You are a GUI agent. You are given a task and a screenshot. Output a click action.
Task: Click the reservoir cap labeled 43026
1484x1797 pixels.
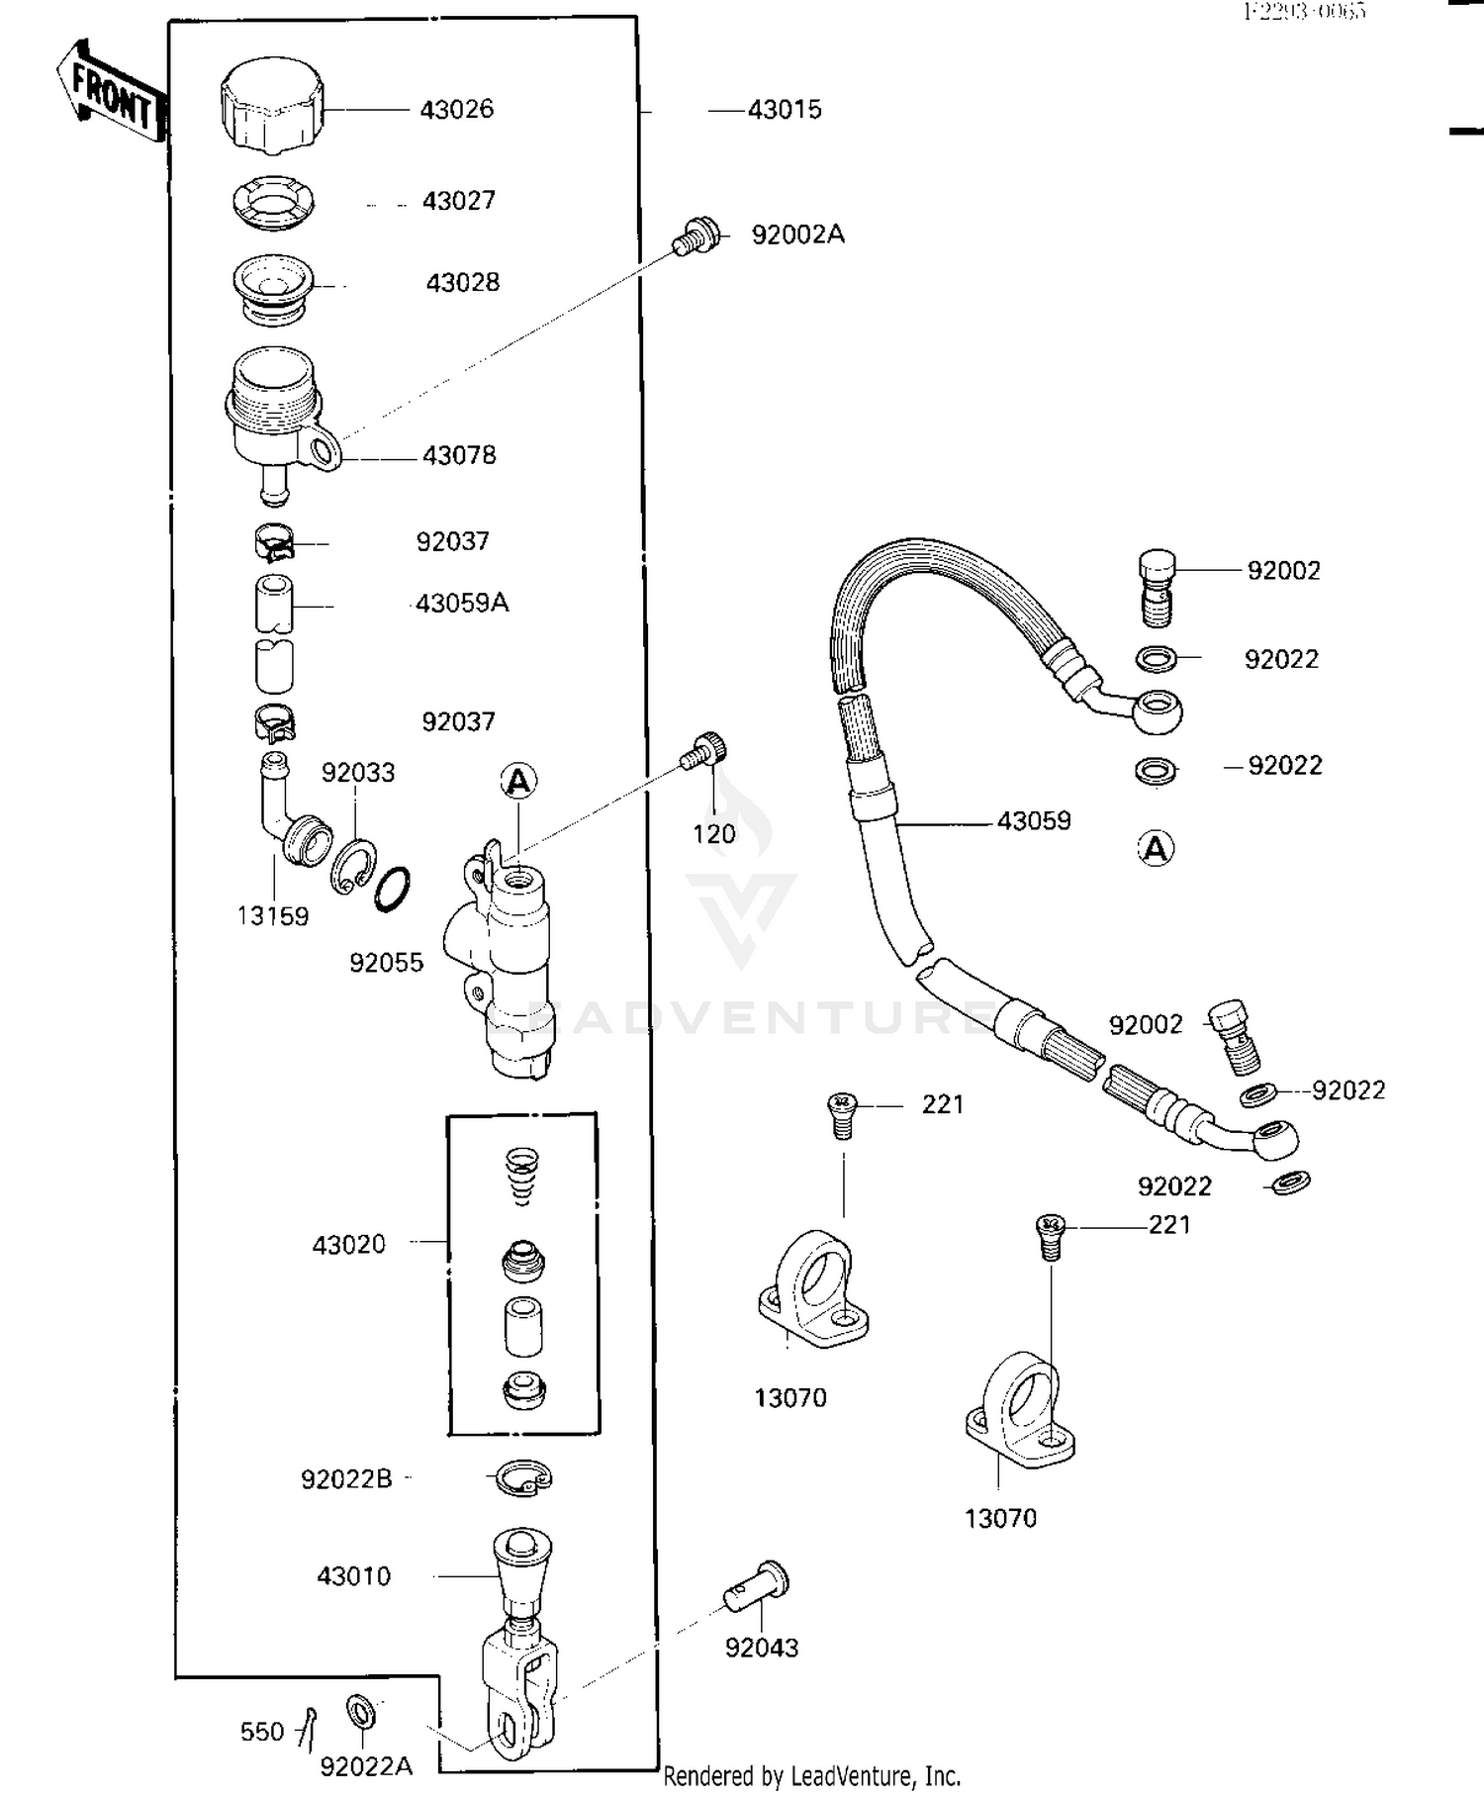point(272,106)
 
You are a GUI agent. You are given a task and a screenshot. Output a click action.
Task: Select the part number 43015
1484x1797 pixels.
point(784,110)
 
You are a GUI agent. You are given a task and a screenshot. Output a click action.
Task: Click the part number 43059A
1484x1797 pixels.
point(461,603)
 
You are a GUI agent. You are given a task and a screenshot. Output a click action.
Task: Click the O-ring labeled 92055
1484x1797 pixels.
point(393,889)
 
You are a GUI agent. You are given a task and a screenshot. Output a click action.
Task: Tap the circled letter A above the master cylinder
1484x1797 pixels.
point(517,782)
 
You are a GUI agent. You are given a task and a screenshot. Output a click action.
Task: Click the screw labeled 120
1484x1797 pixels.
point(703,753)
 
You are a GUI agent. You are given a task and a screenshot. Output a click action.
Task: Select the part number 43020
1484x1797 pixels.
point(348,1244)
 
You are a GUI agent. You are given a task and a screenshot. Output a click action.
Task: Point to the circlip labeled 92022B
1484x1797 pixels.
point(521,1478)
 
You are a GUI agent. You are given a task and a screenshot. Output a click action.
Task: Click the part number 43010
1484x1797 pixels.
point(353,1575)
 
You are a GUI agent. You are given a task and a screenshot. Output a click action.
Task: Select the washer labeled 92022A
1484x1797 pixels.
point(359,1709)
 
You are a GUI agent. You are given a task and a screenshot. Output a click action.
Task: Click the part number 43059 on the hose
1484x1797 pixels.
point(1033,820)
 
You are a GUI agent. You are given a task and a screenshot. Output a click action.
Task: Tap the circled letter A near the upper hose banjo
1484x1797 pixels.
point(1156,848)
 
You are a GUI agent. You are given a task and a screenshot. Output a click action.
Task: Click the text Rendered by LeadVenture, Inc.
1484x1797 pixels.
point(811,1776)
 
